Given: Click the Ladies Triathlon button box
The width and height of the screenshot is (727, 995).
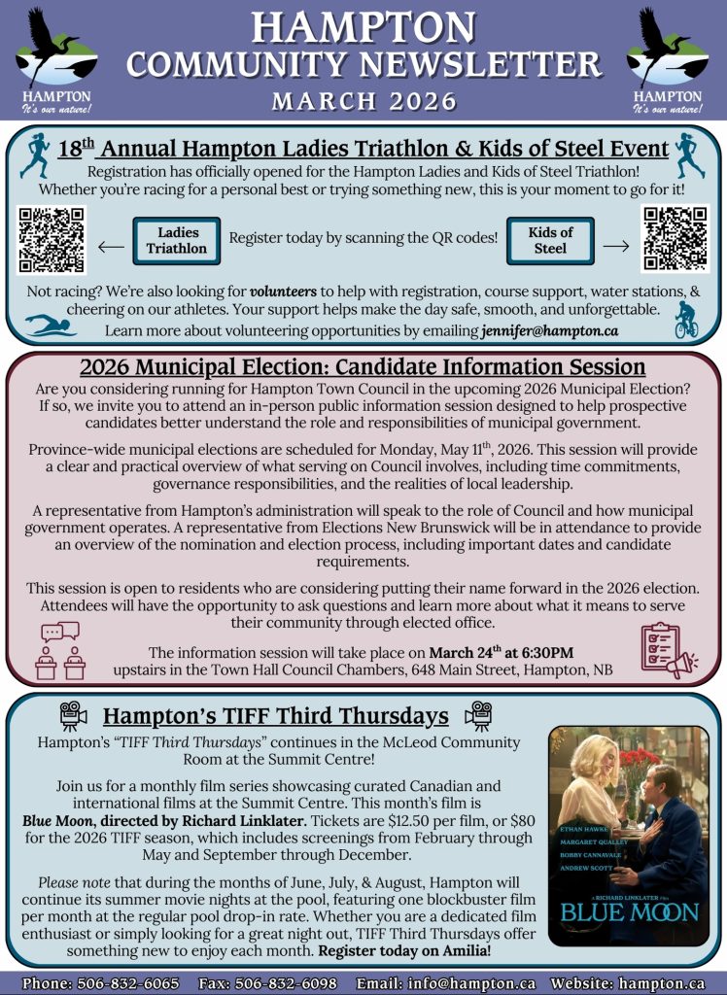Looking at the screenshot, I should point(177,240).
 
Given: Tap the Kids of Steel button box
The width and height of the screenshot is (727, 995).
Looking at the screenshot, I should point(550,240).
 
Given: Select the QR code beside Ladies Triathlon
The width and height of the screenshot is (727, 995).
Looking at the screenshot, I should point(52,240).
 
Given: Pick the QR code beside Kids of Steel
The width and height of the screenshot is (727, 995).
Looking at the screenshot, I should point(675,240).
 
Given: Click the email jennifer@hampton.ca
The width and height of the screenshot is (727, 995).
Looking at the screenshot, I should point(549,331).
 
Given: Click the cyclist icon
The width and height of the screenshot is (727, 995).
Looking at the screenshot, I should point(686,321).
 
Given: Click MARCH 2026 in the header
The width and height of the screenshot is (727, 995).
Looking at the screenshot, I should point(363,101).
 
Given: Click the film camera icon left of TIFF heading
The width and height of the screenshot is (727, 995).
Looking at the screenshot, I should point(75,716).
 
